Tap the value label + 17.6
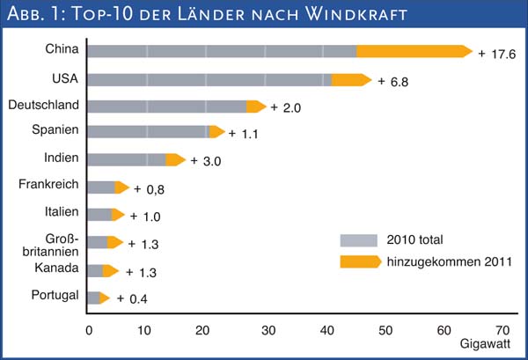tap(495, 53)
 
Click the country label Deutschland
tap(44, 106)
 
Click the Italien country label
tap(61, 212)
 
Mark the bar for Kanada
tap(102, 270)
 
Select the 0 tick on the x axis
tap(88, 330)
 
